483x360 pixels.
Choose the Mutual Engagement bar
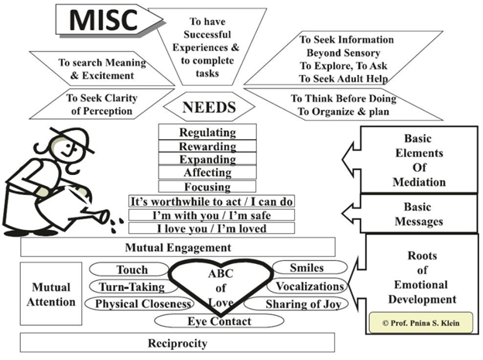click(x=178, y=247)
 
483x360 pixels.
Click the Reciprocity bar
click(x=178, y=341)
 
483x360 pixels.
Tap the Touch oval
click(x=132, y=270)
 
